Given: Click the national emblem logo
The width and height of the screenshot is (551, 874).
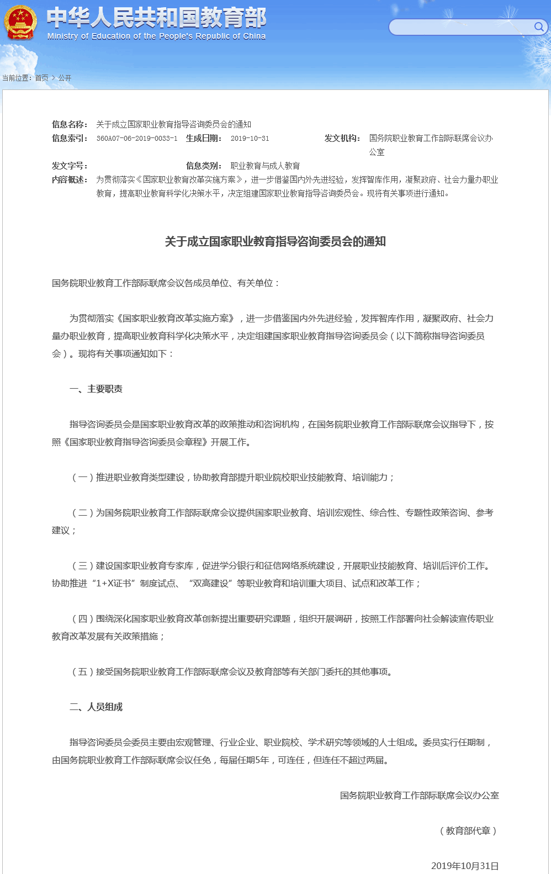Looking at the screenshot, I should coord(20,23).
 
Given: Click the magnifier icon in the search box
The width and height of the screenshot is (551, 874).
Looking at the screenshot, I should coord(539,27).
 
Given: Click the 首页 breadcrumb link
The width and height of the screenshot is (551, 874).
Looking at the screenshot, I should coord(41,78).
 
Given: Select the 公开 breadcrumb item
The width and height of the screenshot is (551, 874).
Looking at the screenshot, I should coord(65,78).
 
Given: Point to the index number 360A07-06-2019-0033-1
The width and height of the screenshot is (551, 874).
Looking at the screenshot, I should coord(137,139).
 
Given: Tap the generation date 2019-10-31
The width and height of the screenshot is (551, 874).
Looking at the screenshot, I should coord(250,139).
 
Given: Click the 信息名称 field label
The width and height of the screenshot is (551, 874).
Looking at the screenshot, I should coord(70,125).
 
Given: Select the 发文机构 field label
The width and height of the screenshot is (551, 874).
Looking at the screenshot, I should coord(342,139).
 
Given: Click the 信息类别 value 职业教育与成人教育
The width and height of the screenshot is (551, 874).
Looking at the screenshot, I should coord(265,166).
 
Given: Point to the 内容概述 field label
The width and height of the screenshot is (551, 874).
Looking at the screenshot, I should coord(70,180).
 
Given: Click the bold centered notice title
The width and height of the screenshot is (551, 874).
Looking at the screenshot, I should coord(275,242).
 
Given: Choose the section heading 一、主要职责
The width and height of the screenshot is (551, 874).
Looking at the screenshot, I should coord(96,389).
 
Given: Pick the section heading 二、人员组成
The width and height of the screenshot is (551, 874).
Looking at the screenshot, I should coord(96,707).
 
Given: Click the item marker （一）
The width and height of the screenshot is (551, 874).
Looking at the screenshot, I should coord(83,478).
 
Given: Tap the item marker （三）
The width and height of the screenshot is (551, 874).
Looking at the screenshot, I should coord(83,566).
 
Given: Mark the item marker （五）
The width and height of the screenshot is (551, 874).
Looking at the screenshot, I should coord(83,672).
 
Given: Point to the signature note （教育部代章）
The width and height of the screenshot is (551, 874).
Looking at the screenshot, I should coord(468,831).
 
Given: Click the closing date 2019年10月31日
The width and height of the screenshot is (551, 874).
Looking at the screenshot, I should coord(465,866).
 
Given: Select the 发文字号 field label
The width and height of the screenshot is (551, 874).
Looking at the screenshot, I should coord(70,166).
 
